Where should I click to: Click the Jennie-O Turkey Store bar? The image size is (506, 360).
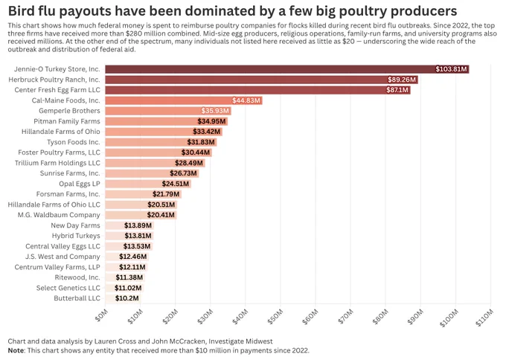287,69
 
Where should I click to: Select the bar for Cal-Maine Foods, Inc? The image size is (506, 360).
184,100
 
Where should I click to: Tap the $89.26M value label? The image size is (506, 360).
402,80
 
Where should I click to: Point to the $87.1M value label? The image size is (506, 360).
397,90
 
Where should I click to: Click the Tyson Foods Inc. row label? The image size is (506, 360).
74,142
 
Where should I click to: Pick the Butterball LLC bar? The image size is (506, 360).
123,298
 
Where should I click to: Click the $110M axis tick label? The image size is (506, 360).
484,318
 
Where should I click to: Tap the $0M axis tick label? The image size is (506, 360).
101,315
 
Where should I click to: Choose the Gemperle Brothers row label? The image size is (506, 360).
69,111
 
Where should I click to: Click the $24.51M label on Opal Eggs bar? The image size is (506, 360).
175,184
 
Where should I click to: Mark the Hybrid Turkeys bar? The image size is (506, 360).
129,236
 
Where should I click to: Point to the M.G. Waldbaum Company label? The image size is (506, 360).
59,215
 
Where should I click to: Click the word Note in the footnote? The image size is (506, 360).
16,350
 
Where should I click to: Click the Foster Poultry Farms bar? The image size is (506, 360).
158,152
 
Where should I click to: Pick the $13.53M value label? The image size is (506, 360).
137,246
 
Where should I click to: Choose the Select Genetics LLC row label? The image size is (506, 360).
68,288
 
